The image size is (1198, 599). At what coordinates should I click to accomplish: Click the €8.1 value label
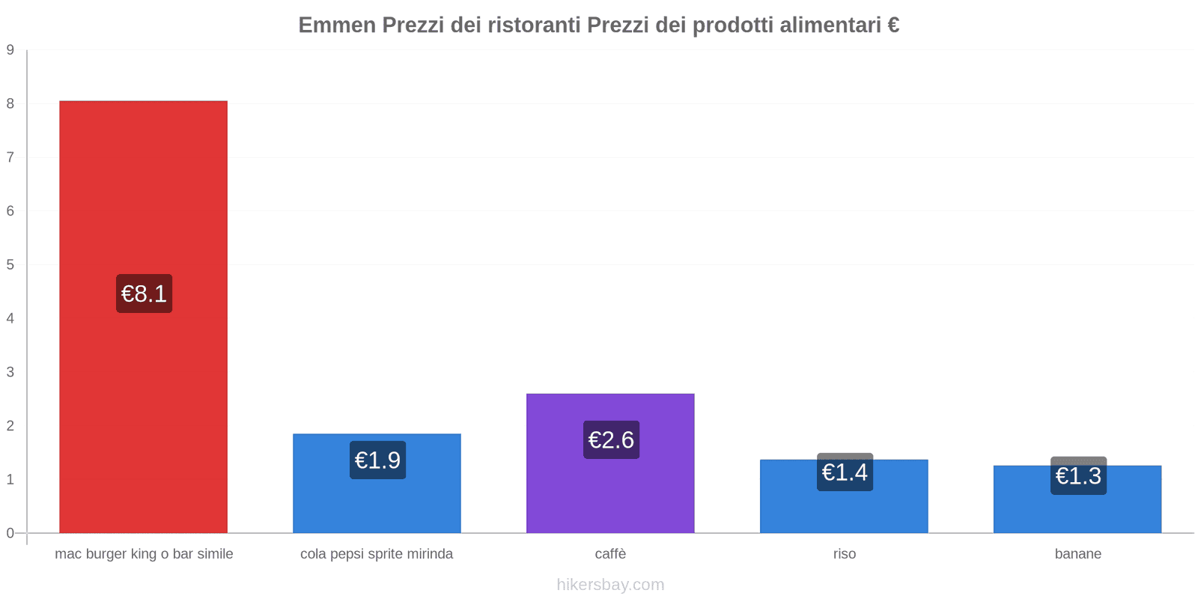(144, 294)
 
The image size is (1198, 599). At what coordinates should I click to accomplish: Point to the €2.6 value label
(611, 440)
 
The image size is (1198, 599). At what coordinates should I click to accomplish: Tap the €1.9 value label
(377, 460)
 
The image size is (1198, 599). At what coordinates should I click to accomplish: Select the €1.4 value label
(845, 472)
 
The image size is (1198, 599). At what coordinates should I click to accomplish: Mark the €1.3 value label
(1078, 475)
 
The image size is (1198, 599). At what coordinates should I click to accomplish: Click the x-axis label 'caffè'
(610, 554)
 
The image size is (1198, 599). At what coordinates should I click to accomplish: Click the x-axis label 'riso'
(844, 554)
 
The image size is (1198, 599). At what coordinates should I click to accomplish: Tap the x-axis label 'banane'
(1077, 554)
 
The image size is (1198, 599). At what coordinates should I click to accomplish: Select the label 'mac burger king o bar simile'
(144, 554)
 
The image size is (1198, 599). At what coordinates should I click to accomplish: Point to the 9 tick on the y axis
(10, 50)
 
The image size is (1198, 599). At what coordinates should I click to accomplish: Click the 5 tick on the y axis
(10, 264)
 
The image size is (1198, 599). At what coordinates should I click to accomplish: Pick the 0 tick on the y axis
(10, 533)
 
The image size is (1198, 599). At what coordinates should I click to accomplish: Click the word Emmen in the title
(337, 25)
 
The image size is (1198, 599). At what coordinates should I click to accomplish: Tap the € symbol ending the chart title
(893, 25)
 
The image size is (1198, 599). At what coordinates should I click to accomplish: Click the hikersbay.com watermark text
(610, 585)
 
